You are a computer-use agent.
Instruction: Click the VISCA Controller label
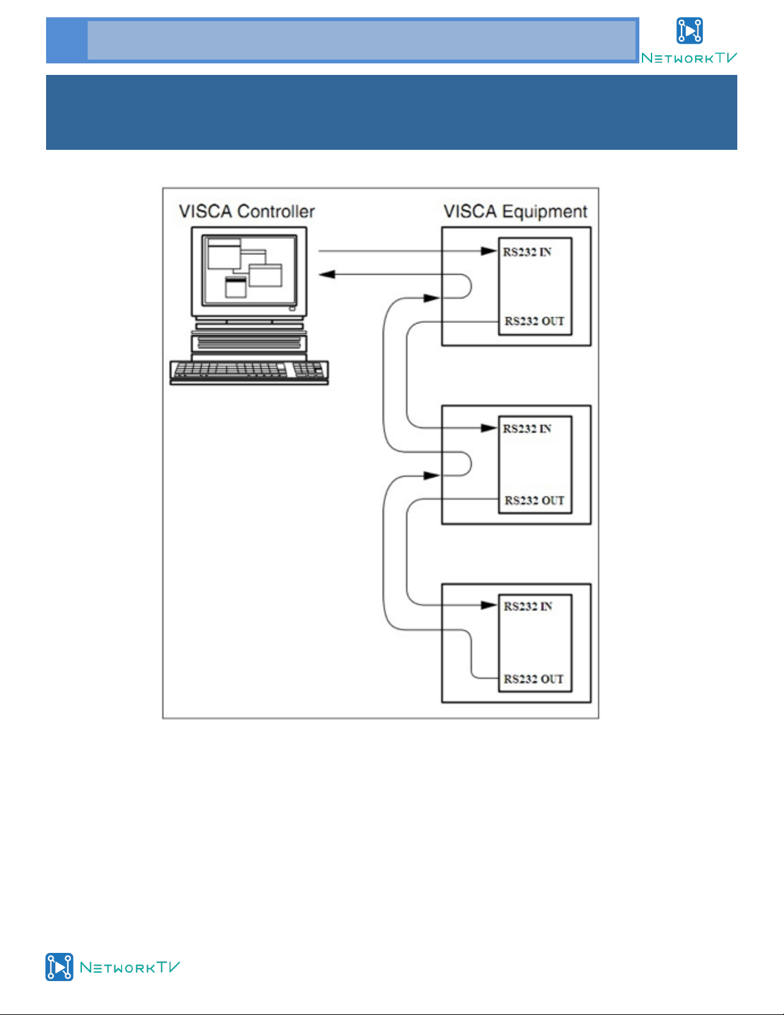[x=246, y=211]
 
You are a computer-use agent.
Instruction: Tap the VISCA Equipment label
[x=515, y=211]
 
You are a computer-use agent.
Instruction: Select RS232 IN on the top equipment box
[x=527, y=252]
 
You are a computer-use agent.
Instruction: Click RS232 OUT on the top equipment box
[x=534, y=321]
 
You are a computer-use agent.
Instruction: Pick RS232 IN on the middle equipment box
[x=527, y=429]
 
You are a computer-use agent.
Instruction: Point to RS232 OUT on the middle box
[x=534, y=501]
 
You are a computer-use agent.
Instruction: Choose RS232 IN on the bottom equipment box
[x=528, y=606]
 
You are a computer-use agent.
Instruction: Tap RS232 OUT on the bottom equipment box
[x=533, y=679]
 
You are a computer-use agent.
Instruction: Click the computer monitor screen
[x=249, y=270]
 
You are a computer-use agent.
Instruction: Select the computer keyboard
[x=249, y=372]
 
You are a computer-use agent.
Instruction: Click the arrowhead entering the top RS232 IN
[x=488, y=251]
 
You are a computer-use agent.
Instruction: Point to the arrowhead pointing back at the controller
[x=326, y=274]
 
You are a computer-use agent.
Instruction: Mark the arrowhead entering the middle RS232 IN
[x=488, y=428]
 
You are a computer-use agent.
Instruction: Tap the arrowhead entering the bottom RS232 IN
[x=488, y=605]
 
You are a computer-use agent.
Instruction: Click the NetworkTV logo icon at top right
[x=689, y=31]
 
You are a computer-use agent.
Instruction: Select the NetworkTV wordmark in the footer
[x=130, y=967]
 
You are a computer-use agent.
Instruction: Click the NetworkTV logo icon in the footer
[x=60, y=967]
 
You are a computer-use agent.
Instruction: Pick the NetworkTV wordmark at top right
[x=689, y=58]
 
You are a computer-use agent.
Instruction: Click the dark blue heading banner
[x=392, y=113]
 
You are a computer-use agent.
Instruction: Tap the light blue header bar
[x=342, y=40]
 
